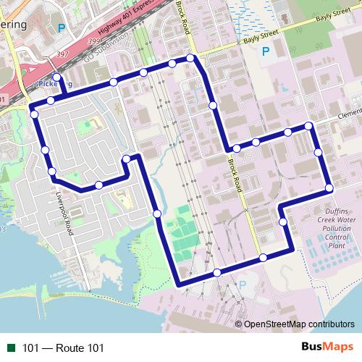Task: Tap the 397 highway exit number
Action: pos(63,54)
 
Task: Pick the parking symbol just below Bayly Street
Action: pos(266,51)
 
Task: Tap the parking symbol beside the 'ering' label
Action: pos(61,28)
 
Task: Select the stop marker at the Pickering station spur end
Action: pos(57,77)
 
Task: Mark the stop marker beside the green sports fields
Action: pos(157,214)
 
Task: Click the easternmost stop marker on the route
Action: pos(329,188)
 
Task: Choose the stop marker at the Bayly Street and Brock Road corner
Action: pos(190,58)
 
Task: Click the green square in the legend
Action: pos(11,348)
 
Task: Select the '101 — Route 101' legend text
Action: pos(63,348)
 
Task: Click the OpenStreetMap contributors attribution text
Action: pos(299,324)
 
